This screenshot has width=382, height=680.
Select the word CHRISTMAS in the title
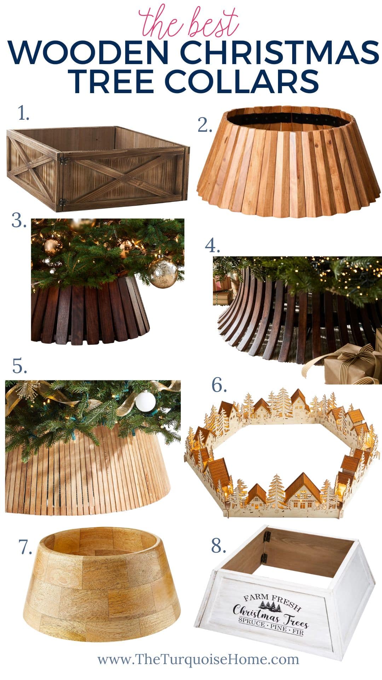tap(279, 52)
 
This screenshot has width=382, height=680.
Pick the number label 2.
tap(205, 125)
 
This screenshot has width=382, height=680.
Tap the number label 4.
tap(212, 245)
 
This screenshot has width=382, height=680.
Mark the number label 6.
tap(219, 385)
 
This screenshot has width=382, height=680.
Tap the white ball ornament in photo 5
tap(146, 401)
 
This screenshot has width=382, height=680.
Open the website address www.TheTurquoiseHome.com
tap(198, 659)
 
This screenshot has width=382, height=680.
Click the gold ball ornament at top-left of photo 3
tap(53, 247)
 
